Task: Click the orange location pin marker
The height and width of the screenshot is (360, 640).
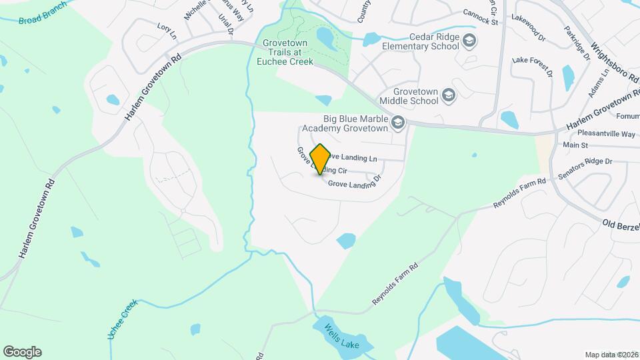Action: click(x=321, y=159)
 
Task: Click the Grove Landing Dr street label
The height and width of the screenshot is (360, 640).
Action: click(x=354, y=181)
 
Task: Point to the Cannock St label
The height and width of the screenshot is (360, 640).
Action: click(x=481, y=21)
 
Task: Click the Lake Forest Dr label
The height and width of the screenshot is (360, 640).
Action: click(x=533, y=66)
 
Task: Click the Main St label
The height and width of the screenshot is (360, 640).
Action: click(x=575, y=145)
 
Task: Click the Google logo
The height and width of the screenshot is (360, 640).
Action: click(x=22, y=351)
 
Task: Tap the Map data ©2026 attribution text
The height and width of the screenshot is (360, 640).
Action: click(x=611, y=355)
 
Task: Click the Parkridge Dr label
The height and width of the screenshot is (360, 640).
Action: click(x=577, y=44)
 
